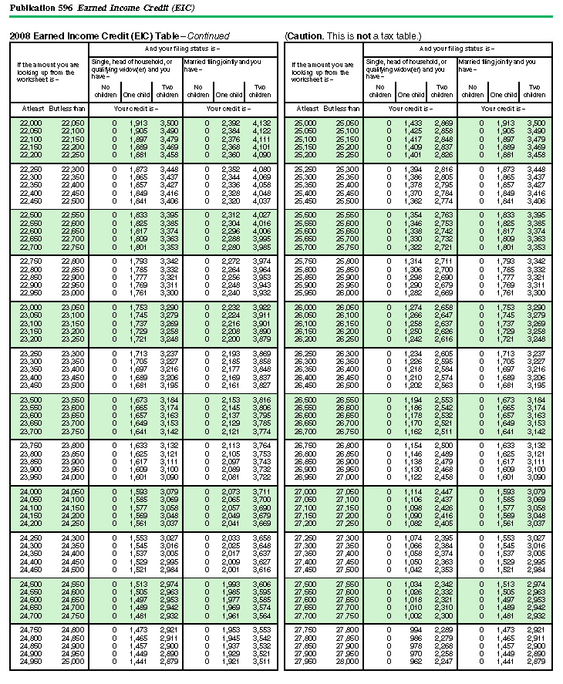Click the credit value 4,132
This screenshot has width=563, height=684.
[x=260, y=123]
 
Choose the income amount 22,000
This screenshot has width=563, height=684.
[x=31, y=123]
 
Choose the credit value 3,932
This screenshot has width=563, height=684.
[x=260, y=292]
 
